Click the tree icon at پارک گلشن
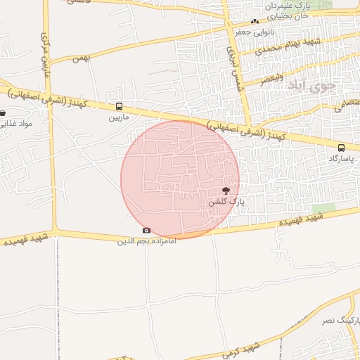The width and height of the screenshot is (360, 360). click(x=226, y=191)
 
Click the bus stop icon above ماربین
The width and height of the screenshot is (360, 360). click(x=118, y=107)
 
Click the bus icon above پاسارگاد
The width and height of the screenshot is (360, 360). click(x=342, y=148)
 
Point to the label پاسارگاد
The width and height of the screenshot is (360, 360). click(x=342, y=158)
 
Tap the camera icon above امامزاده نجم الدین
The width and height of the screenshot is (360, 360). click(x=146, y=230)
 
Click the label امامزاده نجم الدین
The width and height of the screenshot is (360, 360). click(x=146, y=240)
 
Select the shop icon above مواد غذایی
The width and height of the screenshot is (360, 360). click(x=3, y=112)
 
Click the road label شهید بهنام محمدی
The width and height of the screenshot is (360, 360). click(x=288, y=47)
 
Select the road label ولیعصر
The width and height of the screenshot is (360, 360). click(x=271, y=77)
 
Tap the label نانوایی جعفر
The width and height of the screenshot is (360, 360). click(x=251, y=32)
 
